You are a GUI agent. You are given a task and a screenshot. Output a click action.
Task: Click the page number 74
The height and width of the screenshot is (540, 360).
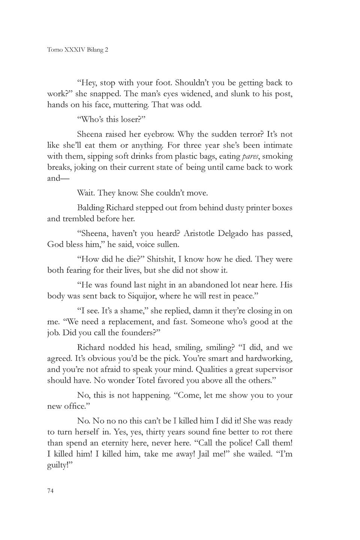click(50, 491)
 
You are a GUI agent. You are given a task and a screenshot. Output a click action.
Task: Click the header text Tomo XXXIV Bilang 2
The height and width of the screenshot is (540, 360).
click(78, 50)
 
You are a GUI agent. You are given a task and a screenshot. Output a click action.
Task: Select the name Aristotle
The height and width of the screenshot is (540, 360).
click(203, 234)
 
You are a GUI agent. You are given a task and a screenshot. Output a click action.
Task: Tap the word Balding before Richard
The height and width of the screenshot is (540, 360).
click(90, 208)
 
